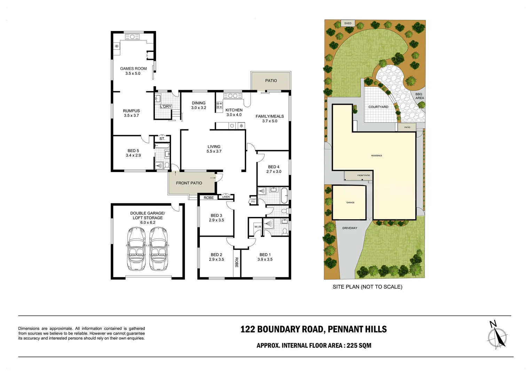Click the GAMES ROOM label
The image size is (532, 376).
click(x=133, y=69)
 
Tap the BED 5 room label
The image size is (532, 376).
click(x=133, y=151)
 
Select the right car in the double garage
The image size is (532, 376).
click(x=158, y=249)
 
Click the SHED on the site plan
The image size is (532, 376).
click(x=348, y=23)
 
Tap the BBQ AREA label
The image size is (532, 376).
click(x=419, y=96)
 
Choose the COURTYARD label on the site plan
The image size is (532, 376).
click(x=378, y=107)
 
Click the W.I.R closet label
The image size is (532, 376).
click(x=258, y=227)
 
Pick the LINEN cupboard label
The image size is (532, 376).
click(x=226, y=197)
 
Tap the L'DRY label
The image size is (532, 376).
click(x=166, y=106)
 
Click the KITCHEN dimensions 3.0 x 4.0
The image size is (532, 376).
click(x=234, y=115)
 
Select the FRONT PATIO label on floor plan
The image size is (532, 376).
click(x=189, y=183)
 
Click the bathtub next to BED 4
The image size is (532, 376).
click(x=284, y=196)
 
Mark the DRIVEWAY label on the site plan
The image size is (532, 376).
click(x=350, y=228)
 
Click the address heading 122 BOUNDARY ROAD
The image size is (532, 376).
click(x=313, y=329)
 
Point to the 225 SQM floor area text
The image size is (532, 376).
click(x=359, y=346)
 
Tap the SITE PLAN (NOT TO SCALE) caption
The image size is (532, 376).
click(x=367, y=287)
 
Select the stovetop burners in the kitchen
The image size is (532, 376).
click(x=219, y=105)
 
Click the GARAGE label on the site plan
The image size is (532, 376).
click(x=350, y=203)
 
